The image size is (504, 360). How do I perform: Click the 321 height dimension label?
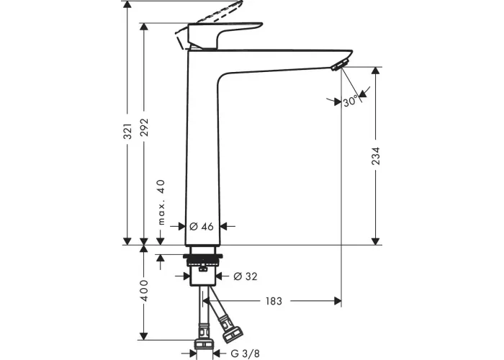(x=128, y=131)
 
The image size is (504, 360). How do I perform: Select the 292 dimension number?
(x=145, y=127)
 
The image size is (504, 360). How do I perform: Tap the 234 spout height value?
(x=376, y=156)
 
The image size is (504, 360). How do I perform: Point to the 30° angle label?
(x=351, y=102)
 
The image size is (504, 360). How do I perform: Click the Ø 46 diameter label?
(x=201, y=227)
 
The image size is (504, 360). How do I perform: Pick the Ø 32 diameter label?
(x=246, y=276)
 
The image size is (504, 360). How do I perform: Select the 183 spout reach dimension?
(x=274, y=301)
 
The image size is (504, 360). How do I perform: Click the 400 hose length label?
(x=145, y=291)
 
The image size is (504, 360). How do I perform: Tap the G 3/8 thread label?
(x=245, y=354)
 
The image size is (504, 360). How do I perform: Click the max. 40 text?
(x=161, y=202)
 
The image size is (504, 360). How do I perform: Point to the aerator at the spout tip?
(x=338, y=65)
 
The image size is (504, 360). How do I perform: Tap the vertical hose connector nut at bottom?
(x=204, y=345)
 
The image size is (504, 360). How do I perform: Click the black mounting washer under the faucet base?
(x=203, y=256)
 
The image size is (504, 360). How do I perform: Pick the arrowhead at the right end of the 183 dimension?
(x=338, y=301)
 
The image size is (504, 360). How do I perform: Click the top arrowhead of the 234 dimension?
(x=376, y=71)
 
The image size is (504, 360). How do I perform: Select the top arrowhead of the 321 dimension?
(x=128, y=4)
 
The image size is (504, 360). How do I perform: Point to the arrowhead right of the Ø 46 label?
(x=224, y=227)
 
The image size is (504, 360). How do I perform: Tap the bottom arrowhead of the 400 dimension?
(x=144, y=336)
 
